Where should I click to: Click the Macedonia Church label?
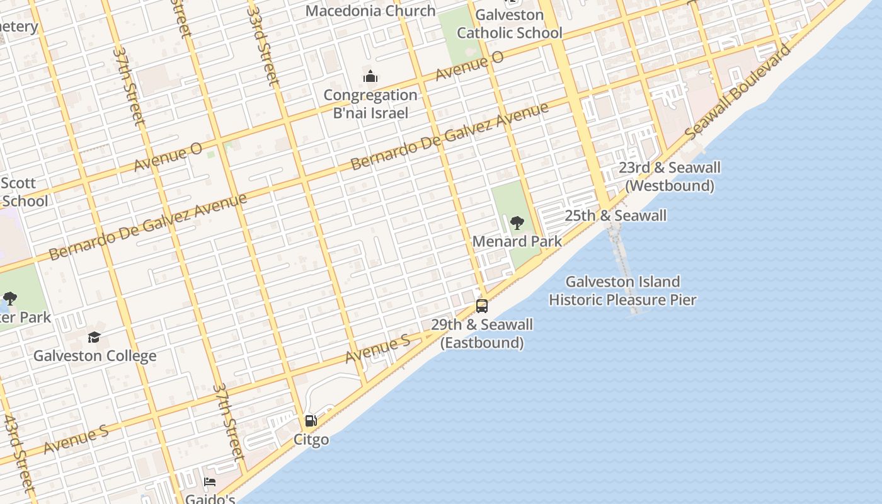(x=370, y=11)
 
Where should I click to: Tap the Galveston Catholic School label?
(x=509, y=24)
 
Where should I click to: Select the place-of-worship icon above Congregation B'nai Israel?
(x=370, y=77)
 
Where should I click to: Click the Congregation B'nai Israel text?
(x=370, y=104)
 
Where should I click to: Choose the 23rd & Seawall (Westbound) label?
(x=669, y=176)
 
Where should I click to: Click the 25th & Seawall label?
(x=615, y=215)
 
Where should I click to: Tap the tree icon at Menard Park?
(x=517, y=223)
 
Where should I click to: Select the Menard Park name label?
(x=517, y=241)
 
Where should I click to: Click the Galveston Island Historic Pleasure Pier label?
(x=622, y=290)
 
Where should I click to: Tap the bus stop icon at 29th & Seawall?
(x=482, y=306)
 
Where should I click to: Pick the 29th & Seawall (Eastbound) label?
(x=482, y=333)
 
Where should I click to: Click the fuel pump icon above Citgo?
(x=311, y=421)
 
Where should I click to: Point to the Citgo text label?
(x=311, y=439)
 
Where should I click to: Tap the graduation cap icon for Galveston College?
(x=94, y=338)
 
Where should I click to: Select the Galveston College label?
(x=94, y=355)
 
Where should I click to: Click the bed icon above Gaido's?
(x=210, y=482)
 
